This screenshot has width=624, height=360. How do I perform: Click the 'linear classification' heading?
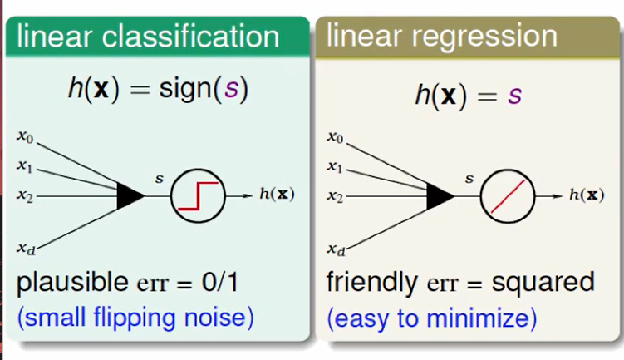pos(148,37)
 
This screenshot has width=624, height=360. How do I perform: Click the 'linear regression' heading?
pos(441,36)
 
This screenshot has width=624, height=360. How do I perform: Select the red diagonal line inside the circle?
pos(507,196)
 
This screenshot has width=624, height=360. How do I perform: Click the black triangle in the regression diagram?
pos(440,195)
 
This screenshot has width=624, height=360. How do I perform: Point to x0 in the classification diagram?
pos(24,135)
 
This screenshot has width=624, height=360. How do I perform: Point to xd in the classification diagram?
pos(25,247)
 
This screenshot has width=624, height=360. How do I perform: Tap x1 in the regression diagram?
pos(334,165)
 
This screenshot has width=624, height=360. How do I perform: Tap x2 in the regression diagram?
pos(334,196)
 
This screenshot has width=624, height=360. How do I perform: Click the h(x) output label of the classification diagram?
pos(277,195)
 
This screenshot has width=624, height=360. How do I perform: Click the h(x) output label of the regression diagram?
pos(586,195)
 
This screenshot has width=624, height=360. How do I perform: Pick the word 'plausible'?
pos(67,284)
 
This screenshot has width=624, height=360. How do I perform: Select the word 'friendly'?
pos(372,283)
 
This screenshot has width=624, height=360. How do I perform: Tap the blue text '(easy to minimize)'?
pos(431,317)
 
